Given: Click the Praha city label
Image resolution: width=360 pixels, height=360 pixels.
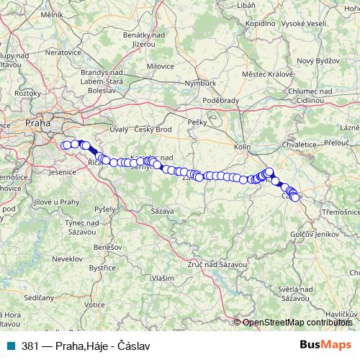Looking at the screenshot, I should (x=38, y=123).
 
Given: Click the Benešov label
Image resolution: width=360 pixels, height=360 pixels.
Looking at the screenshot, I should (x=107, y=247).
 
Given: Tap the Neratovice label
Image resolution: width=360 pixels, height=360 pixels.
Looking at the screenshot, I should (x=61, y=53).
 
